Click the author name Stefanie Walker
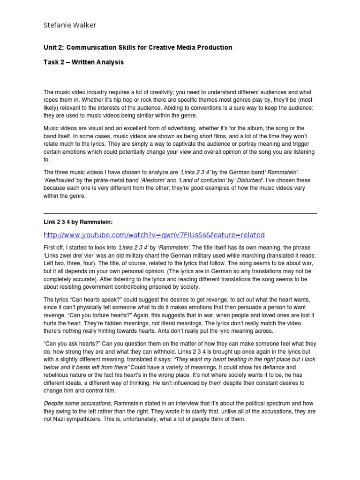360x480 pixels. click(x=70, y=25)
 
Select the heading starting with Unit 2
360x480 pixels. click(x=137, y=47)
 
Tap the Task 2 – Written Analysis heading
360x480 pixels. click(x=83, y=62)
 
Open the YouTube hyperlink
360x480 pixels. click(x=154, y=235)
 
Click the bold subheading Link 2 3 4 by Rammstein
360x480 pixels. click(x=78, y=221)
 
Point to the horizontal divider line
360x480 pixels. click(x=180, y=213)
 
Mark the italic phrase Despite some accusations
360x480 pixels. click(x=78, y=404)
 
